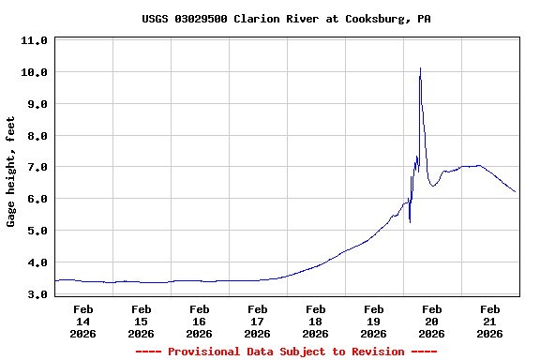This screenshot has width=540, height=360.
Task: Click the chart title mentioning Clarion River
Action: (x=286, y=19)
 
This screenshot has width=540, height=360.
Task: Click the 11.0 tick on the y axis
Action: (x=34, y=41)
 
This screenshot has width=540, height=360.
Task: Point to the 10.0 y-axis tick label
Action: (x=34, y=72)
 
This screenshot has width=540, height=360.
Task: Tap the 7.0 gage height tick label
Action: (x=34, y=167)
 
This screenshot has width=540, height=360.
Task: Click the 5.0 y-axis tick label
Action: (x=34, y=231)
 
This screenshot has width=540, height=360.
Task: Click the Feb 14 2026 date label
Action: (x=82, y=321)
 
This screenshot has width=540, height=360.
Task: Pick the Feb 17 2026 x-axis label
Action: (x=257, y=321)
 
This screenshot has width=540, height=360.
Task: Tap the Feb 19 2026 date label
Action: (x=373, y=321)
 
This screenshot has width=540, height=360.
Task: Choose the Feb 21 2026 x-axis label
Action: (x=489, y=321)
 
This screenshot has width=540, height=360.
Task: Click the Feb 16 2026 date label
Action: (x=199, y=321)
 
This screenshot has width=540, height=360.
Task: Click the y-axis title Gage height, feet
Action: (x=11, y=172)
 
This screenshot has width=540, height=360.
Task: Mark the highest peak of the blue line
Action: (x=420, y=67)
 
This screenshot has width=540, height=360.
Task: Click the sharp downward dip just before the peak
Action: (x=410, y=222)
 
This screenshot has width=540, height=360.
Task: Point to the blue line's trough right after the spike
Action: (x=432, y=186)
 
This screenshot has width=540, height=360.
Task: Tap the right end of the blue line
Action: (x=516, y=192)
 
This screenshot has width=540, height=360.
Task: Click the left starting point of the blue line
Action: (x=55, y=280)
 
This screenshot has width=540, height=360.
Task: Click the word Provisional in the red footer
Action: (x=205, y=352)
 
